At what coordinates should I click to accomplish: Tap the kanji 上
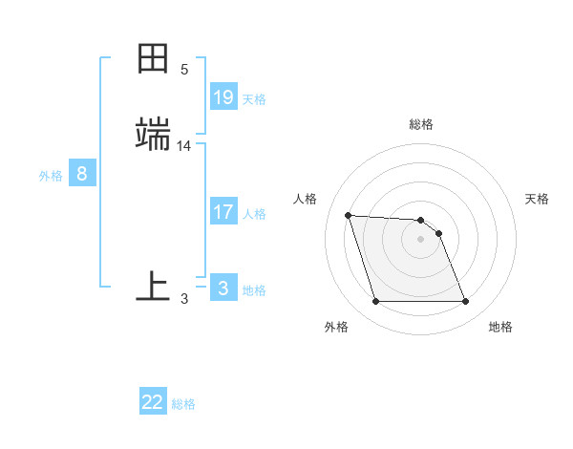point(153,286)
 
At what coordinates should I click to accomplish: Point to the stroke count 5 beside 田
point(184,70)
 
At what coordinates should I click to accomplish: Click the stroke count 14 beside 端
point(184,146)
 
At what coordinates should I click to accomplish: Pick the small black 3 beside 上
point(184,299)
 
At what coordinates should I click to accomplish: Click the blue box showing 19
point(223,96)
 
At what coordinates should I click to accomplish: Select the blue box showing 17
point(223,211)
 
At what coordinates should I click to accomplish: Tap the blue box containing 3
point(223,288)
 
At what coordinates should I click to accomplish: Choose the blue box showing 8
point(82,174)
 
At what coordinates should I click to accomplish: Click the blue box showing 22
point(153,402)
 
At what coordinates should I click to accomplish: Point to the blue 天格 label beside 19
point(254,98)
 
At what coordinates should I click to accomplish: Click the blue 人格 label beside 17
point(254,213)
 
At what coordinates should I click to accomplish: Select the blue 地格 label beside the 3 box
point(254,289)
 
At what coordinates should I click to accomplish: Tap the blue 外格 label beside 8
point(51,176)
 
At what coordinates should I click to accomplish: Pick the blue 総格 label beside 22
point(183,404)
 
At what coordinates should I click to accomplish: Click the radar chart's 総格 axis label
point(421,124)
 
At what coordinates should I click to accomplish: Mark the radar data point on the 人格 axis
point(348,215)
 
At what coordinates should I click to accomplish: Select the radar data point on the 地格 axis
point(465,302)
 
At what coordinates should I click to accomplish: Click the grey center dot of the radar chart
point(421,239)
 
